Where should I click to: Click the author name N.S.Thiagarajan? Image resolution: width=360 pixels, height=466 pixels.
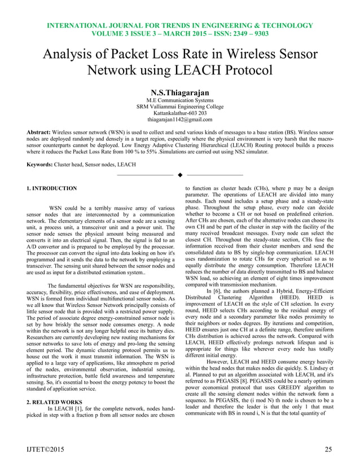click(x=180, y=92)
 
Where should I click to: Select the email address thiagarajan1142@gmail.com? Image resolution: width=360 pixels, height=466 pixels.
click(x=180, y=120)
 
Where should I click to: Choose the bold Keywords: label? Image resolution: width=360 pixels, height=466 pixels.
click(x=44, y=164)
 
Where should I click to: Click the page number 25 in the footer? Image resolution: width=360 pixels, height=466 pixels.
click(x=328, y=449)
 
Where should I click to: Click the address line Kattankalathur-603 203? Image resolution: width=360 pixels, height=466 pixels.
click(x=180, y=113)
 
